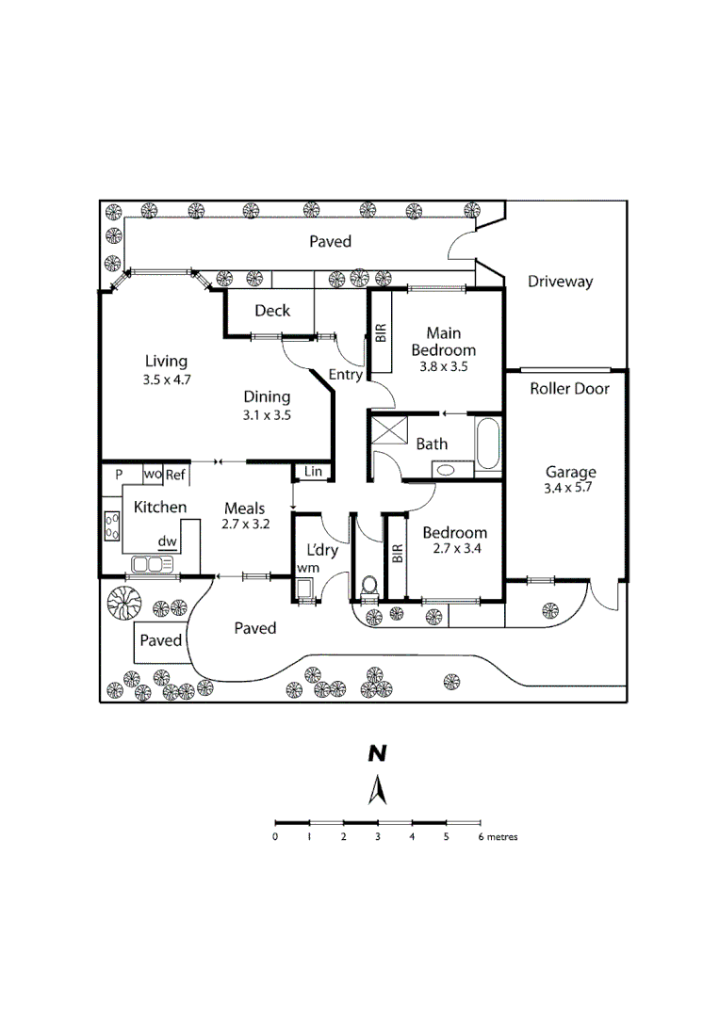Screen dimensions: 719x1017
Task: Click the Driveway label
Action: pyautogui.click(x=560, y=282)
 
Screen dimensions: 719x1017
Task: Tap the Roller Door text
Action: pyautogui.click(x=569, y=389)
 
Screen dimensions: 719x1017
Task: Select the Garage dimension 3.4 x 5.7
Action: pyautogui.click(x=568, y=488)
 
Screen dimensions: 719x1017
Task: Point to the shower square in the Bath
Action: pyautogui.click(x=389, y=430)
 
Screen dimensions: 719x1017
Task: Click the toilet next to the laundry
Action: pyautogui.click(x=368, y=586)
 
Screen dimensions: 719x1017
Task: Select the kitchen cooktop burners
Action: pyautogui.click(x=111, y=526)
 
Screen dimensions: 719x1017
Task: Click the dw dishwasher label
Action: pyautogui.click(x=168, y=541)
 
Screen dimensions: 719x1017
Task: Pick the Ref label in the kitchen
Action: pyautogui.click(x=175, y=475)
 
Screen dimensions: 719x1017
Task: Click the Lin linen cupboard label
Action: pyautogui.click(x=313, y=472)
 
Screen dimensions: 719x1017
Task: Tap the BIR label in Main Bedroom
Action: pyautogui.click(x=381, y=332)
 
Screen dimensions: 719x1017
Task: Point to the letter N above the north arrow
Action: pyautogui.click(x=377, y=753)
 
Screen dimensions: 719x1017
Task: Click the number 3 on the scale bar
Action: pyautogui.click(x=378, y=837)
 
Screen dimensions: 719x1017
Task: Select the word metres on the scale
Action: pyautogui.click(x=502, y=837)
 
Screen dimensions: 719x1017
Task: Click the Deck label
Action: pyautogui.click(x=272, y=311)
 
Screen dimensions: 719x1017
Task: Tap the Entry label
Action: pyautogui.click(x=345, y=374)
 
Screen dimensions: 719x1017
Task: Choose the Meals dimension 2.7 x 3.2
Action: pyautogui.click(x=245, y=525)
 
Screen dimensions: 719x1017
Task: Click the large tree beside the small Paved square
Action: pyautogui.click(x=124, y=603)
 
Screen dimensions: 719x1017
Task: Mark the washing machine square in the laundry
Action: pyautogui.click(x=304, y=588)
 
